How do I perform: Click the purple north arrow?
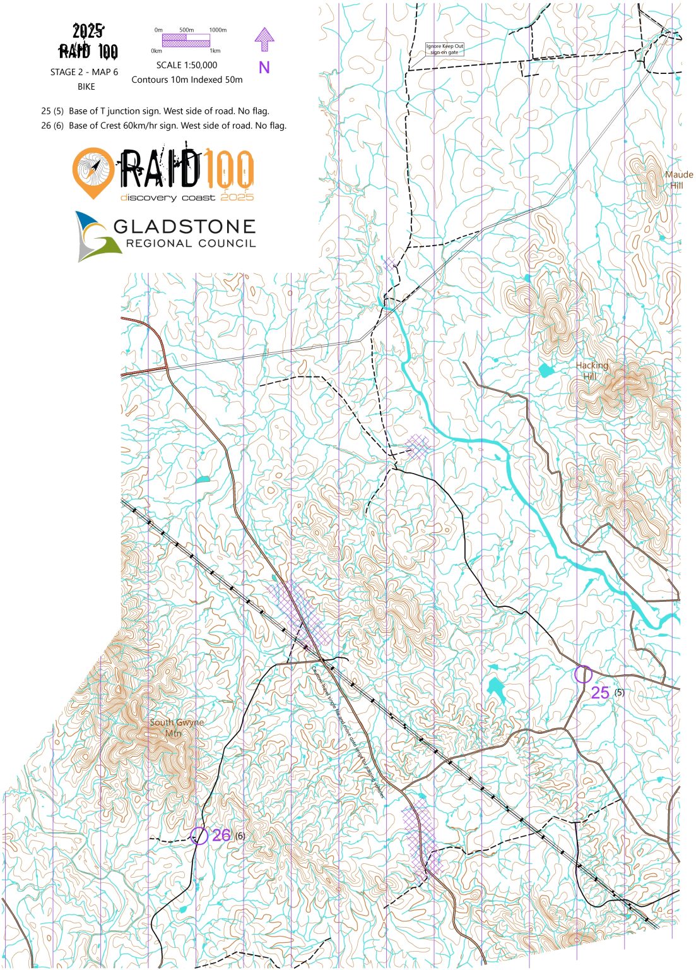(x=264, y=39)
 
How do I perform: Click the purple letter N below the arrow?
(x=264, y=68)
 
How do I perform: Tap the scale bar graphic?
(x=186, y=40)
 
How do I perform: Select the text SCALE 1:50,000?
(x=187, y=65)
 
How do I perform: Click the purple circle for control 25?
(x=583, y=674)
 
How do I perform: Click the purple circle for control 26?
(x=199, y=835)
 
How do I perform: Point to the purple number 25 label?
(x=600, y=693)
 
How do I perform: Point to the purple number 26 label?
(x=221, y=835)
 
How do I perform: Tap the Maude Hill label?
(x=678, y=179)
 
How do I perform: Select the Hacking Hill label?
(x=591, y=371)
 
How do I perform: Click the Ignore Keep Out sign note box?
(x=444, y=49)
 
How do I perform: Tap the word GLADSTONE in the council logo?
(x=184, y=226)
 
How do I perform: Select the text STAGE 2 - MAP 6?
(x=84, y=72)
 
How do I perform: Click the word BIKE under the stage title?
(x=86, y=87)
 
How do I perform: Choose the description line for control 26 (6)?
(x=163, y=126)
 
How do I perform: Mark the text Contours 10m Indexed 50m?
(x=187, y=80)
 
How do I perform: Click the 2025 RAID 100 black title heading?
(x=88, y=42)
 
